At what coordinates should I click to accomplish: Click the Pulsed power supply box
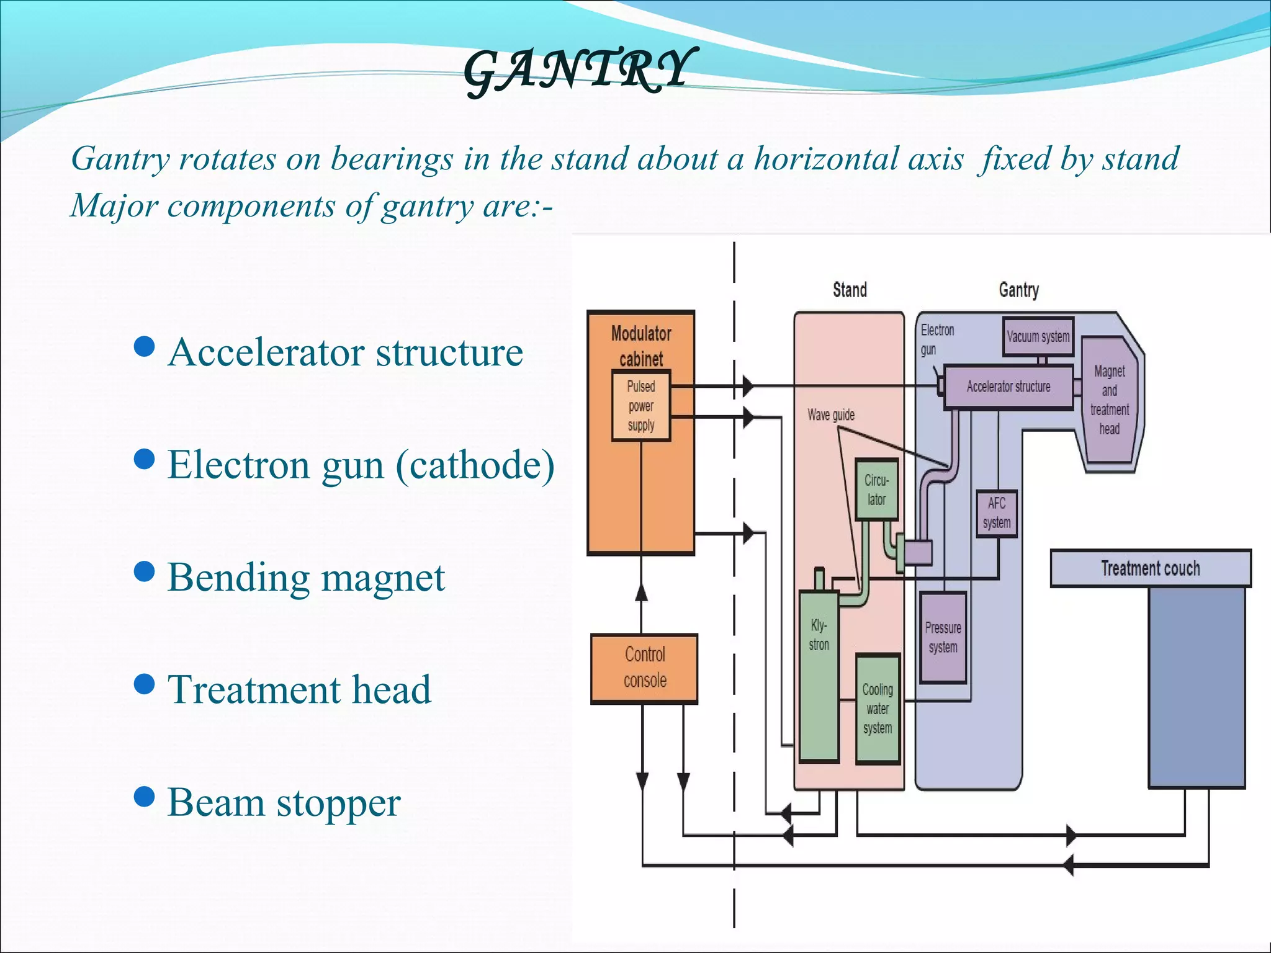coord(641,406)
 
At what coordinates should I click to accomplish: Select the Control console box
coord(644,668)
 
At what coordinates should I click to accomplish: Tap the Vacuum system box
coord(1038,337)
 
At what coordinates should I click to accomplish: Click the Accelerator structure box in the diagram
coord(1008,387)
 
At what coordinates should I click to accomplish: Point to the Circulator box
coord(876,490)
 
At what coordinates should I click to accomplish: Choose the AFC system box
coord(996,513)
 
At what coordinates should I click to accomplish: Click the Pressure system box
coord(943,637)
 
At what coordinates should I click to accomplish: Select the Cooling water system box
coord(878,709)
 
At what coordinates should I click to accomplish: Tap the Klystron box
coord(819,676)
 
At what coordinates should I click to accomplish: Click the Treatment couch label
coord(1150,568)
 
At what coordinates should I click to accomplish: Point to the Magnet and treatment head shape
coord(1109,401)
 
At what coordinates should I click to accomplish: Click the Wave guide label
coord(830,415)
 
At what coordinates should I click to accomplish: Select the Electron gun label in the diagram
coord(936,339)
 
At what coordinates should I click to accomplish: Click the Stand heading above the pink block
coord(849,290)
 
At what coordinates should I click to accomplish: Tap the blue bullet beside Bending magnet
coord(144,571)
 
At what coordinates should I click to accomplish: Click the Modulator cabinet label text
coord(641,346)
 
